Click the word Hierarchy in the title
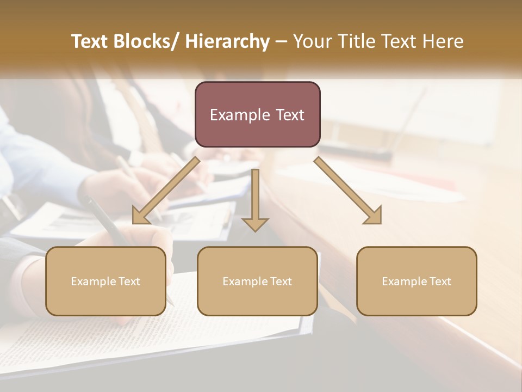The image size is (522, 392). coord(227,41)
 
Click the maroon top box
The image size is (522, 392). coord(257,114)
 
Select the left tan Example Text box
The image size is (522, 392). coord(105,281)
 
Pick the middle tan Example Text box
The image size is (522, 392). coord(257,281)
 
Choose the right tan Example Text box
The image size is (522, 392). coord(417,281)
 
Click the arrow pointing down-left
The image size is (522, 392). coord(165,191)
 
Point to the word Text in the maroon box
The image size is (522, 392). coord(290,115)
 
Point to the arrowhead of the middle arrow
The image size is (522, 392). coord(255,224)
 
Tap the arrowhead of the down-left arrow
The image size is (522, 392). coord(139,216)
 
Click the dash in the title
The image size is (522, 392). coord(281,41)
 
